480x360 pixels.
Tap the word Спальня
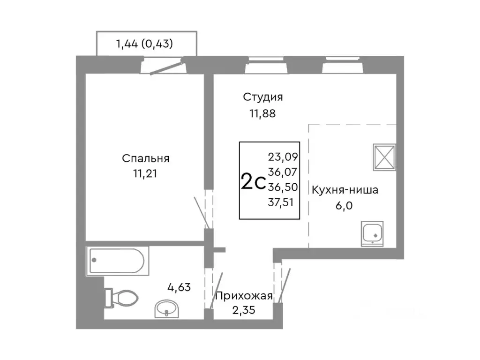(x=145, y=158)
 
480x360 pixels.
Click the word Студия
(x=262, y=97)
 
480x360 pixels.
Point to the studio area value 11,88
(x=262, y=113)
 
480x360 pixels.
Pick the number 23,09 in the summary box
(x=283, y=156)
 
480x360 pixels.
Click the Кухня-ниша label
(x=345, y=190)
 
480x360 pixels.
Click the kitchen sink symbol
(x=372, y=233)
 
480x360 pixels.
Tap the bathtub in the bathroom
(x=117, y=261)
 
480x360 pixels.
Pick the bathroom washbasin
(x=166, y=308)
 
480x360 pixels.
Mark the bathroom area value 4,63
(x=180, y=287)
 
